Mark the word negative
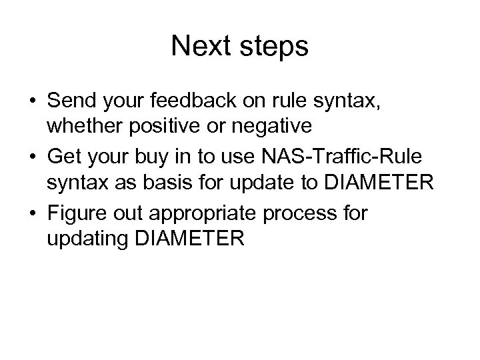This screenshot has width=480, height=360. (x=283, y=127)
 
